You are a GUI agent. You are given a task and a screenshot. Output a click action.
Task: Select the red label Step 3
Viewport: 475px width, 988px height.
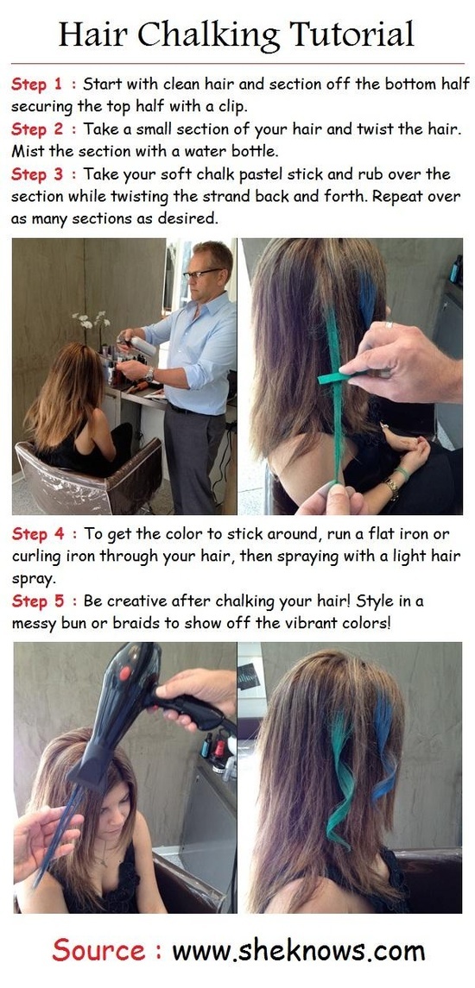click(37, 174)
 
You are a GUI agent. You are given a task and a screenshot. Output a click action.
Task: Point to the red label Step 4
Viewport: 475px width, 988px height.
click(38, 534)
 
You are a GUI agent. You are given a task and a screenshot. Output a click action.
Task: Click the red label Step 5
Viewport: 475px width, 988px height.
click(37, 601)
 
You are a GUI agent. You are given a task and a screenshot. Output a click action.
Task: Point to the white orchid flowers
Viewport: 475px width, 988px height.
click(91, 318)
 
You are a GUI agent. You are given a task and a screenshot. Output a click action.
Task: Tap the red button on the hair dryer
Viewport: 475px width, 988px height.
click(124, 673)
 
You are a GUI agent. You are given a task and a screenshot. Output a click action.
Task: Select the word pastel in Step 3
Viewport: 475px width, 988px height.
click(259, 175)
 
